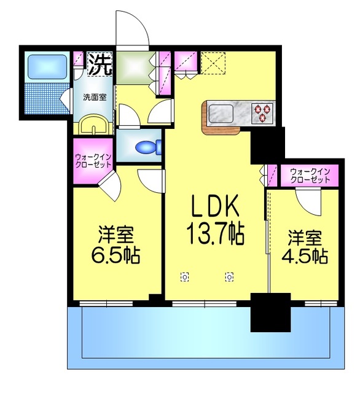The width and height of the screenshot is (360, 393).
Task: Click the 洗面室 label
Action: [95, 96]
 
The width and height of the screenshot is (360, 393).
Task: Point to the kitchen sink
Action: [218, 113]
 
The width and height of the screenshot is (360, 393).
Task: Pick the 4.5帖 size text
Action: [305, 254]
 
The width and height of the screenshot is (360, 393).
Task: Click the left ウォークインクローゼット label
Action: [93, 161]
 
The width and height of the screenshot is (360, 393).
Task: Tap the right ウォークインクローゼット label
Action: [310, 174]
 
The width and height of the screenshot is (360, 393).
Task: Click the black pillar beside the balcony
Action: [270, 312]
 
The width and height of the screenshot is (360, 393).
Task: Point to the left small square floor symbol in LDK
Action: [185, 276]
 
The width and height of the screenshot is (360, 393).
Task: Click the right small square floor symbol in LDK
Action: [229, 276]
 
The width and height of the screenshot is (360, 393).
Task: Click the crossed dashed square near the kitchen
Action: [214, 62]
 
